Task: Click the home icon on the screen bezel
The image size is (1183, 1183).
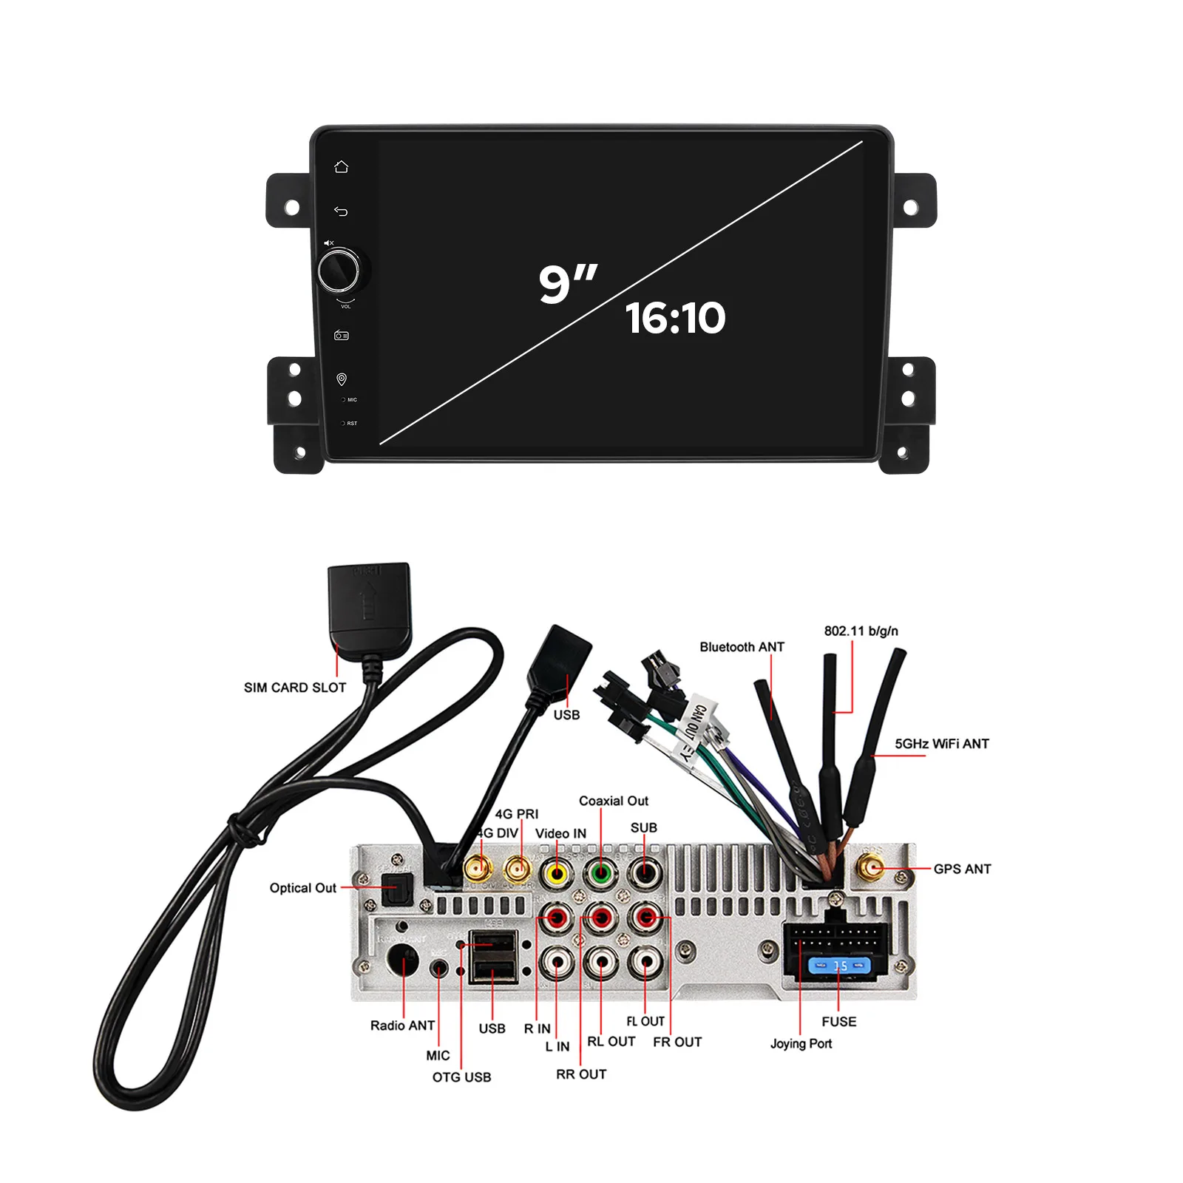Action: (341, 167)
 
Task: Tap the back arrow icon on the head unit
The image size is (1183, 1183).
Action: (341, 211)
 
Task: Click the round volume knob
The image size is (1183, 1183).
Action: (339, 271)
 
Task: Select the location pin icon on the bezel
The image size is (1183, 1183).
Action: (342, 379)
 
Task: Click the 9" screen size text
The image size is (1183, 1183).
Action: (568, 283)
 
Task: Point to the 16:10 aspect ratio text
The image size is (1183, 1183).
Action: (676, 318)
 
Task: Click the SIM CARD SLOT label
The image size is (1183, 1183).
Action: (295, 688)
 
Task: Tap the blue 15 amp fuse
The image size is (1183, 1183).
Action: (839, 966)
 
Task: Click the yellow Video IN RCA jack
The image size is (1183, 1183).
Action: (556, 873)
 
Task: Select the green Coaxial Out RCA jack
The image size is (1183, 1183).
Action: (601, 873)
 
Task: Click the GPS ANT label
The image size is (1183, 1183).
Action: (962, 869)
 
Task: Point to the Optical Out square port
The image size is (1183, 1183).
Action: (396, 889)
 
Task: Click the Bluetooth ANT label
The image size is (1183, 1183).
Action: (742, 647)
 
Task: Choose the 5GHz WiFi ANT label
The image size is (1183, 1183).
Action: (941, 744)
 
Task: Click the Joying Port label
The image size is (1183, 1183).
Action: (801, 1043)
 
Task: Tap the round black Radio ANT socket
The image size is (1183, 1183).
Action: (403, 960)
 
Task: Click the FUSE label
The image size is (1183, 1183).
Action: (838, 1022)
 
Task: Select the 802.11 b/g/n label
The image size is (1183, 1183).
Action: (861, 631)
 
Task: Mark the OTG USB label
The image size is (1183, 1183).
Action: (461, 1077)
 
